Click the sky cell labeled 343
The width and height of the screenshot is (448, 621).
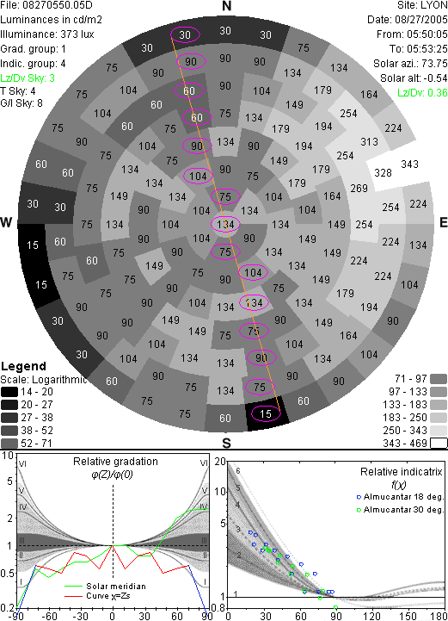click(x=409, y=164)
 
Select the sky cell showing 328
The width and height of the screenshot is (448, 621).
click(x=383, y=172)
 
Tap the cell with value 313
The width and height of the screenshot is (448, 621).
click(x=369, y=141)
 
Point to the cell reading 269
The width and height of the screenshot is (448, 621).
click(x=359, y=188)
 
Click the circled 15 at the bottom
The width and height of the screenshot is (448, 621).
click(x=266, y=414)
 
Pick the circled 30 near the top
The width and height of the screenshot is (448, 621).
click(x=185, y=34)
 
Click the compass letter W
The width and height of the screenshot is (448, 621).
click(x=6, y=222)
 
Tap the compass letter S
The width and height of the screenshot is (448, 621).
click(x=226, y=444)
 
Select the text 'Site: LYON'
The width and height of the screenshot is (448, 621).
click(x=422, y=5)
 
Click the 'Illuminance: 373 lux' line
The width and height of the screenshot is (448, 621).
click(x=47, y=34)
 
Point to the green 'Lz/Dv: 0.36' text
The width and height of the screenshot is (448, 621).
click(x=422, y=93)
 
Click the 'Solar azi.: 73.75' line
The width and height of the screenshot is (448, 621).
click(x=410, y=64)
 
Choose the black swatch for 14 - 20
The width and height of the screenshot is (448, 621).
click(x=9, y=392)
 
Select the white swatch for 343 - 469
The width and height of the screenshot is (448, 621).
click(x=439, y=444)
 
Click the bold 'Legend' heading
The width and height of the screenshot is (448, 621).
click(x=23, y=366)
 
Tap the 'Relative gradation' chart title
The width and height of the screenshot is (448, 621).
click(x=115, y=462)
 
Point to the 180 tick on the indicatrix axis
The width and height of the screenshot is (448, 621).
click(x=438, y=616)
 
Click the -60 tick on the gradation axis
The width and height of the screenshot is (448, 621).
click(x=48, y=616)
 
